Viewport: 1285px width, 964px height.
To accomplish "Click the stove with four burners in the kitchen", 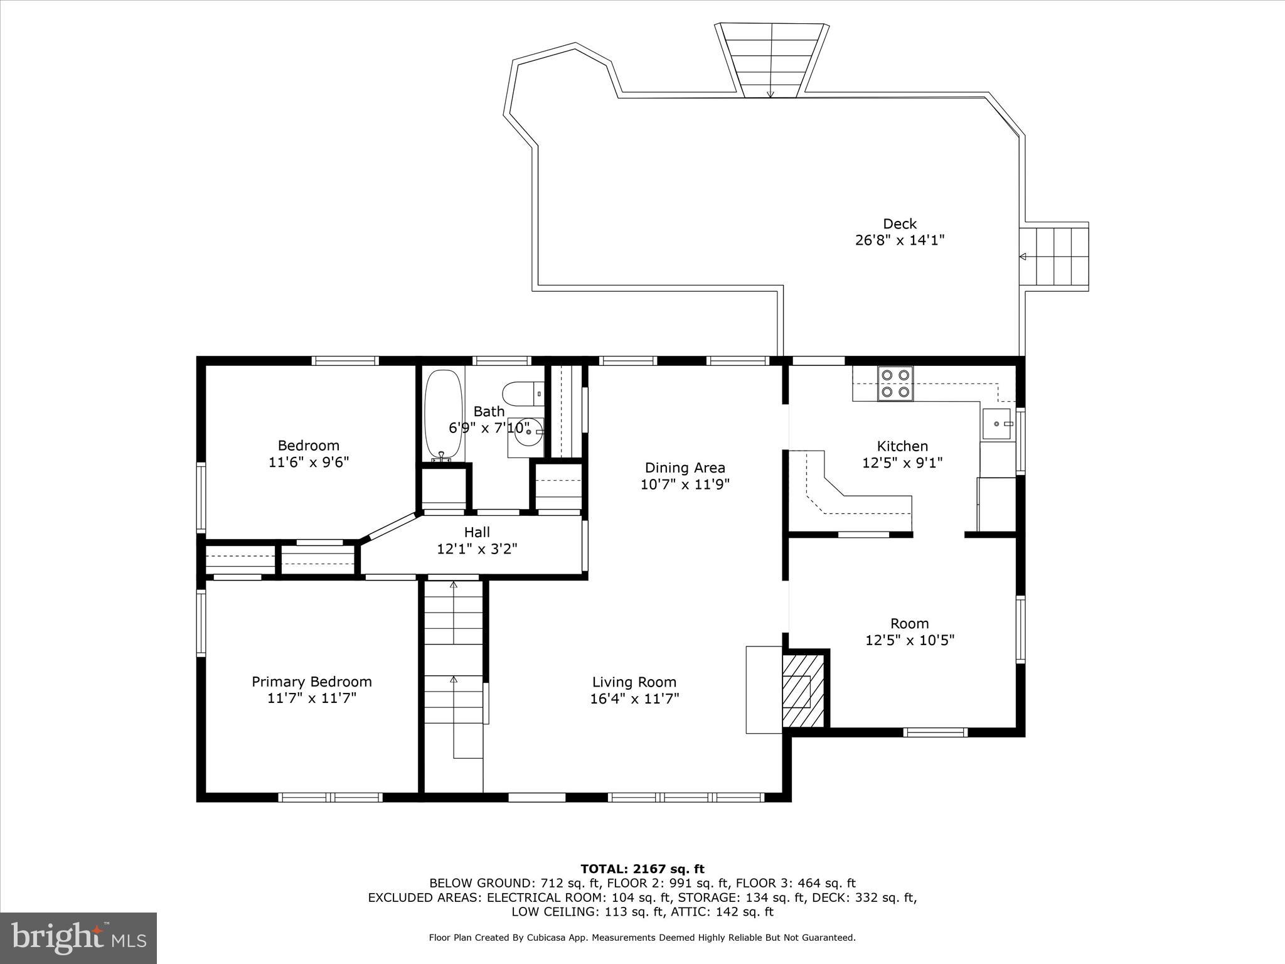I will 895,383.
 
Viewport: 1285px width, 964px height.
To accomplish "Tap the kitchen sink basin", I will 997,424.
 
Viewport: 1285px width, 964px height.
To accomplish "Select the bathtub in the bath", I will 444,415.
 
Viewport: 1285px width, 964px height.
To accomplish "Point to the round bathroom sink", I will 525,432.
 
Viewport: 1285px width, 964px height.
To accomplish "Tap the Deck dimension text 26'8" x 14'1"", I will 900,240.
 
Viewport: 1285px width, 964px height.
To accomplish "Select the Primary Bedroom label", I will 312,682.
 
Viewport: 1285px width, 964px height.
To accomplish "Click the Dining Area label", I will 685,468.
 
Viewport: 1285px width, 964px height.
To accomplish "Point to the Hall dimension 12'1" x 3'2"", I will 477,549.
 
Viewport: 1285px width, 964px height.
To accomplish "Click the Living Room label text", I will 634,682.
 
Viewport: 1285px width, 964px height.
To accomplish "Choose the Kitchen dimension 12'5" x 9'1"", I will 902,463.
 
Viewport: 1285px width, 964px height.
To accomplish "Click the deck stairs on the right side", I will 1060,257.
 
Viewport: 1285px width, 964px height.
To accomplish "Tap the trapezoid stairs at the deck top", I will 771,60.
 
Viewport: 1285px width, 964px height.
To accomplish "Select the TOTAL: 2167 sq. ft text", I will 642,869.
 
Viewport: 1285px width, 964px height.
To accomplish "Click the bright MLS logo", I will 78,938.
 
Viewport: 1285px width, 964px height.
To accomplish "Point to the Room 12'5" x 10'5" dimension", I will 909,640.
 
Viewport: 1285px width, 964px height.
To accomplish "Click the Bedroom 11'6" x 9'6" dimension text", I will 308,463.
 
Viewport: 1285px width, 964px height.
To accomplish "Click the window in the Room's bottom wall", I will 935,732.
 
